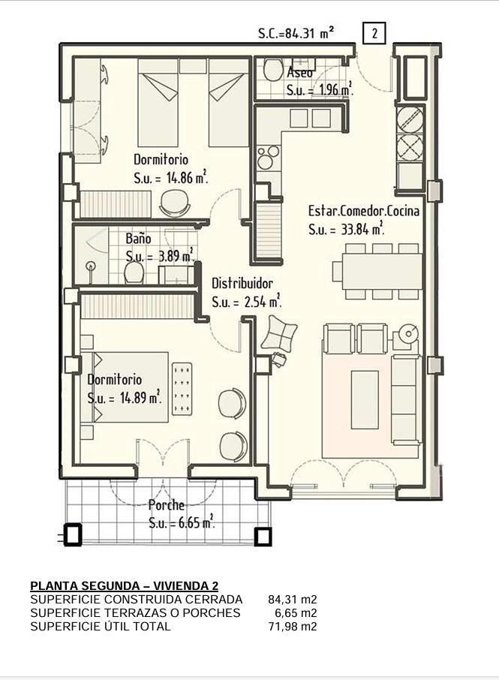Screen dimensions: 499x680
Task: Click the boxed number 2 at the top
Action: tap(373, 33)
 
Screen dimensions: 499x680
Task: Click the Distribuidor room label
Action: tap(242, 284)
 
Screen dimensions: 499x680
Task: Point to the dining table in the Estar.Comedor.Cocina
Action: tap(382, 272)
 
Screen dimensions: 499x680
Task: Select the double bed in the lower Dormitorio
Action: tap(130, 387)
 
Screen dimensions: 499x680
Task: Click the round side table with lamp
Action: tap(409, 334)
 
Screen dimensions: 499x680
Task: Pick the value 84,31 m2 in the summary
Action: tap(293, 600)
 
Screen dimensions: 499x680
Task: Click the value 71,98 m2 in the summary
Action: tap(293, 626)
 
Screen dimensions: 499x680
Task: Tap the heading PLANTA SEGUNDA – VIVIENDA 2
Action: tap(125, 586)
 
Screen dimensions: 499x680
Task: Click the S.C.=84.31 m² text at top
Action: tap(296, 33)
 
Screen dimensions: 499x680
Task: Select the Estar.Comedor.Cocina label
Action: tap(364, 211)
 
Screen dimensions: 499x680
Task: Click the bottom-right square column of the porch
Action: tap(263, 537)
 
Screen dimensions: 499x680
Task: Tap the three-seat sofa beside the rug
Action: tap(406, 399)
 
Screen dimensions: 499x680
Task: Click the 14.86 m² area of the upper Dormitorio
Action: tap(188, 178)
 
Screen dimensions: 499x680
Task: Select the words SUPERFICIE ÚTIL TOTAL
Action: tap(101, 626)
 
